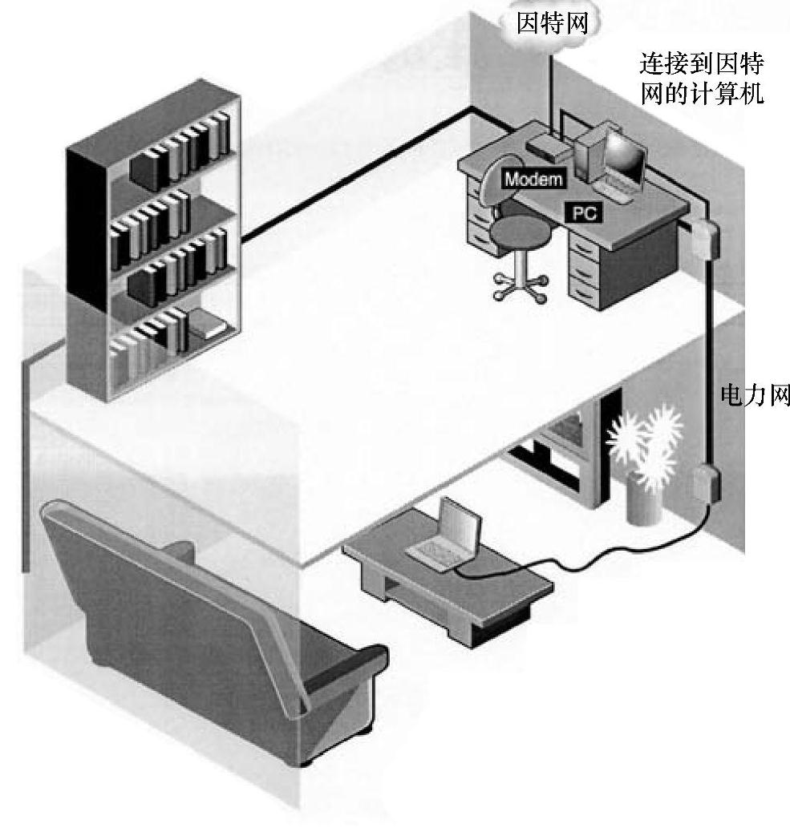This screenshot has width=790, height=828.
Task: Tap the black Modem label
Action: coord(533,180)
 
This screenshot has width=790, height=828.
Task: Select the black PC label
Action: coord(585,212)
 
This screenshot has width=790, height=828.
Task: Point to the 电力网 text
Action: coord(756,395)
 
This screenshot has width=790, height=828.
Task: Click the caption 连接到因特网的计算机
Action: coord(700,79)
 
